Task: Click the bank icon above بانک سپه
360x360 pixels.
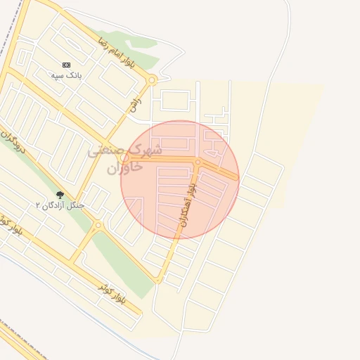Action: (66, 64)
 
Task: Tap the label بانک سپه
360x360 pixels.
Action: (66, 74)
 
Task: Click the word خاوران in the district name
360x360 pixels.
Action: (124, 168)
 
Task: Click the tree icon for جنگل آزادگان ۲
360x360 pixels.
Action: (59, 195)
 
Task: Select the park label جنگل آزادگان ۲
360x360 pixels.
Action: (60, 205)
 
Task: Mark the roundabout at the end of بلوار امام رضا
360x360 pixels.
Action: (152, 80)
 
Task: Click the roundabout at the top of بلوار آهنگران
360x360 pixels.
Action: (198, 162)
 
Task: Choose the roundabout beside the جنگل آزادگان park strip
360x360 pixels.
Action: (98, 226)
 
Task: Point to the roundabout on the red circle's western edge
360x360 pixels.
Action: (124, 158)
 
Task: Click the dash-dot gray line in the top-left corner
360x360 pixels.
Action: (8, 21)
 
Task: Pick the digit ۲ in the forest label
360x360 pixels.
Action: (39, 205)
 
